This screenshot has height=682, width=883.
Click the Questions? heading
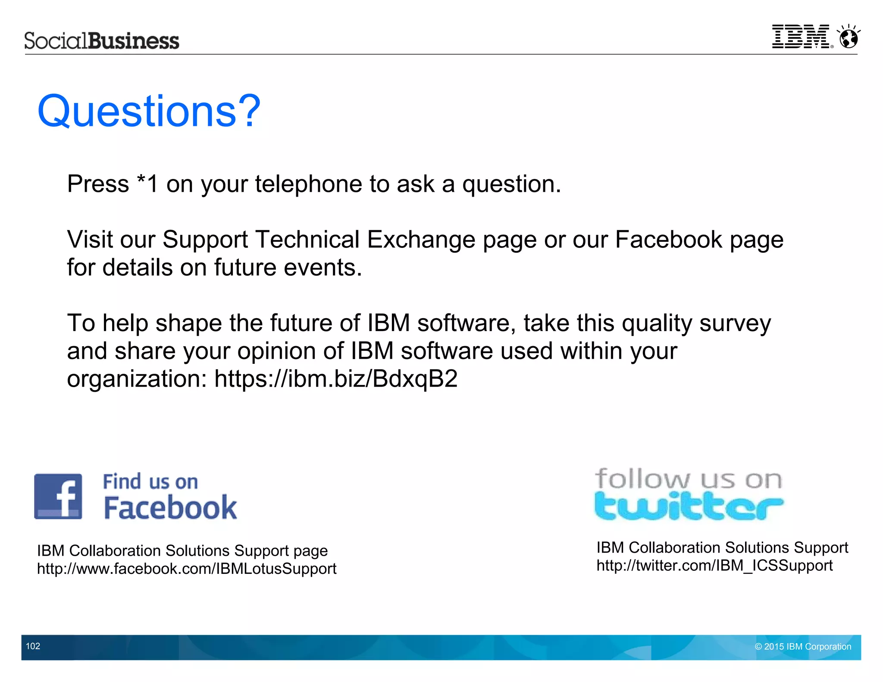click(x=149, y=111)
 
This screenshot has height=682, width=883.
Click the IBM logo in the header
click(x=802, y=37)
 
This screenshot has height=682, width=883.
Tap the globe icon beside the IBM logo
click(x=849, y=37)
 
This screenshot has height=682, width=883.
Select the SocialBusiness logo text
click(x=102, y=41)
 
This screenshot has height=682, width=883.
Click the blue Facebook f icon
click(x=58, y=496)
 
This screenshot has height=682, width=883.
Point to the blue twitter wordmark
click(x=689, y=507)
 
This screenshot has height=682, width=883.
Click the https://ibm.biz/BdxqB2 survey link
click(x=336, y=379)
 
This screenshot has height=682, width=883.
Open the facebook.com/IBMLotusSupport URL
click(x=187, y=569)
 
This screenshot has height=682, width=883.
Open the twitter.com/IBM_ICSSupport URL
click(x=714, y=566)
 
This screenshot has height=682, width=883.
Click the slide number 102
click(x=33, y=646)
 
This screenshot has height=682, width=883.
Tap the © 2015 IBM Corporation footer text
click(x=803, y=647)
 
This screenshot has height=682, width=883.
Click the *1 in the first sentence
click(x=147, y=184)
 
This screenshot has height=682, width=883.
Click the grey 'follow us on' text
click(x=689, y=479)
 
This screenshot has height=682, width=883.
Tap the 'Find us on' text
click(x=150, y=482)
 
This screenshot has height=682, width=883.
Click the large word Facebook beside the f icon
click(x=170, y=508)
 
